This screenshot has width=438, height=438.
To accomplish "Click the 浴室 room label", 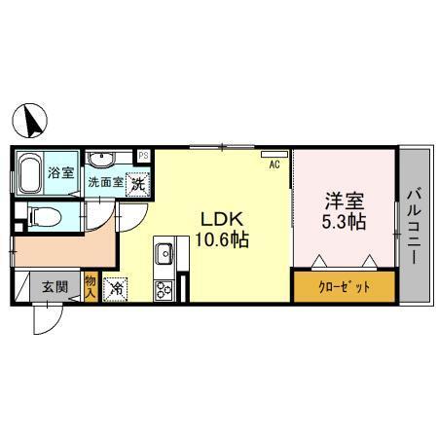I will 62,172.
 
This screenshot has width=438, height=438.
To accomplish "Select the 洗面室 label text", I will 105,182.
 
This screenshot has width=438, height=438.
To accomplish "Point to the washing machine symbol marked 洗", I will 138,181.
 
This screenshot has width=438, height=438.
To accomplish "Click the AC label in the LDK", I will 274,164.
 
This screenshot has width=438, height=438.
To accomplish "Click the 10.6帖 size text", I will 225,239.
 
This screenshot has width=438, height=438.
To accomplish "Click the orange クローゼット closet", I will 345,288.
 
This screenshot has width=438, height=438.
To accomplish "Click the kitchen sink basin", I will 164,255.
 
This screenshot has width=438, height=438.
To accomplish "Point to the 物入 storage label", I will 91,285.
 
